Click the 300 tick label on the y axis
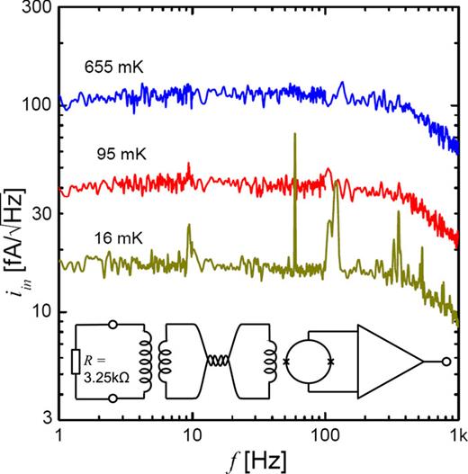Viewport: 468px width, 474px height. click(x=35, y=11)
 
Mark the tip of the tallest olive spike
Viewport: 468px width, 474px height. click(x=295, y=134)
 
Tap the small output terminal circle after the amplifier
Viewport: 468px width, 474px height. click(x=445, y=362)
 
